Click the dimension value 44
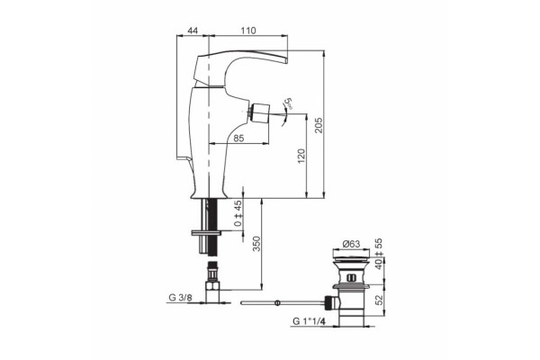(x=193, y=31)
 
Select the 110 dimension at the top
(x=248, y=31)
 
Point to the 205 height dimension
(x=319, y=125)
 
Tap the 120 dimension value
(x=301, y=156)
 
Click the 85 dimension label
(x=238, y=138)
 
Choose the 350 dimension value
(x=256, y=244)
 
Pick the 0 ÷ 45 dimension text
(x=238, y=213)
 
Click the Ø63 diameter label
(x=351, y=244)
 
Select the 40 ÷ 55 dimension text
(x=379, y=254)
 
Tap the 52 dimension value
(x=379, y=300)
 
